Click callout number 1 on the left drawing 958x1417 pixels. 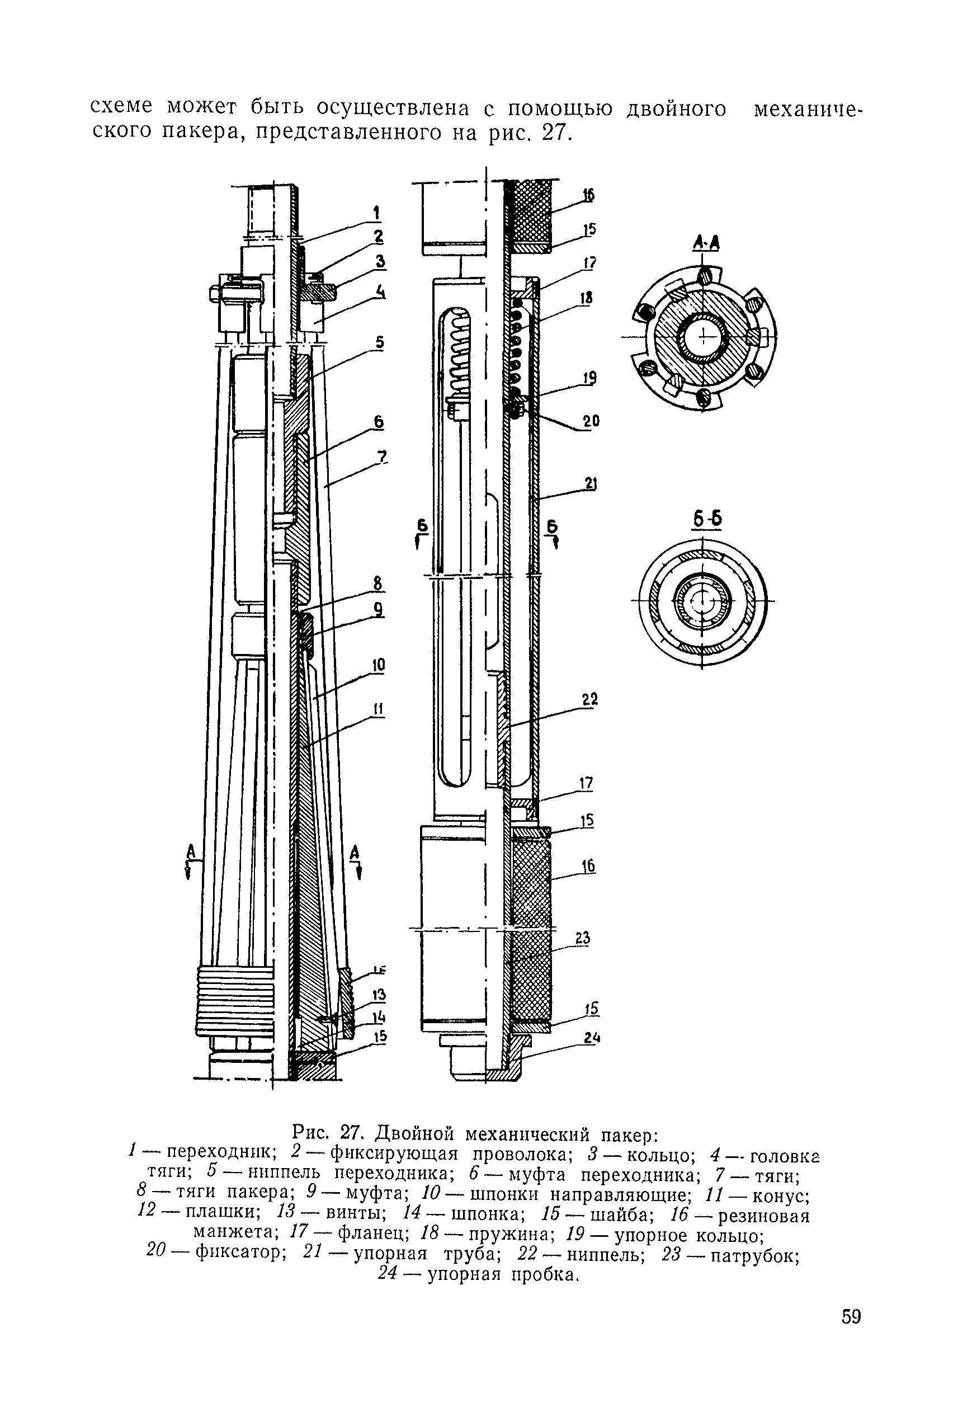click(x=376, y=213)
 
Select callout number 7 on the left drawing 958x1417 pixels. click(x=383, y=456)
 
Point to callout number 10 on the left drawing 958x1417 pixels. click(x=379, y=665)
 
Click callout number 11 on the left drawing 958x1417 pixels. click(x=379, y=708)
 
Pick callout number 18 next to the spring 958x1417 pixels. click(x=586, y=298)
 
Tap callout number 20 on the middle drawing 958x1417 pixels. click(x=591, y=421)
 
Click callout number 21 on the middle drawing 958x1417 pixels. click(x=590, y=484)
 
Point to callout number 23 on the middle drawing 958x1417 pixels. click(x=583, y=937)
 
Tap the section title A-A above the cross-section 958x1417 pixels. click(x=706, y=244)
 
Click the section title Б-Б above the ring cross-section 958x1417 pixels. click(x=707, y=519)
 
